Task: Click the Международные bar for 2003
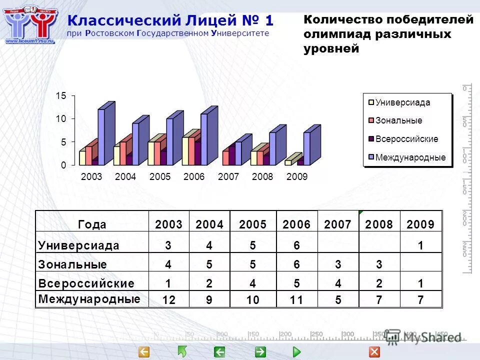(x=101, y=137)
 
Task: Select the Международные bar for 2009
(x=307, y=148)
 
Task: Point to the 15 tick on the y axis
(x=60, y=95)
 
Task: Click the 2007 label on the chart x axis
(x=228, y=177)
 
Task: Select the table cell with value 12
(x=169, y=300)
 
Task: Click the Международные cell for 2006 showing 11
(x=296, y=300)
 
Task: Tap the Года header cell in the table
(x=92, y=224)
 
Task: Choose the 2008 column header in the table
(x=379, y=224)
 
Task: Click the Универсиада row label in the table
(x=79, y=245)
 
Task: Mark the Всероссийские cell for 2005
(x=253, y=283)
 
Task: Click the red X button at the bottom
(x=374, y=352)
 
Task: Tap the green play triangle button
(x=296, y=352)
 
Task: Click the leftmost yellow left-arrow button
(x=144, y=352)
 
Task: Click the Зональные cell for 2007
(x=338, y=264)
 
